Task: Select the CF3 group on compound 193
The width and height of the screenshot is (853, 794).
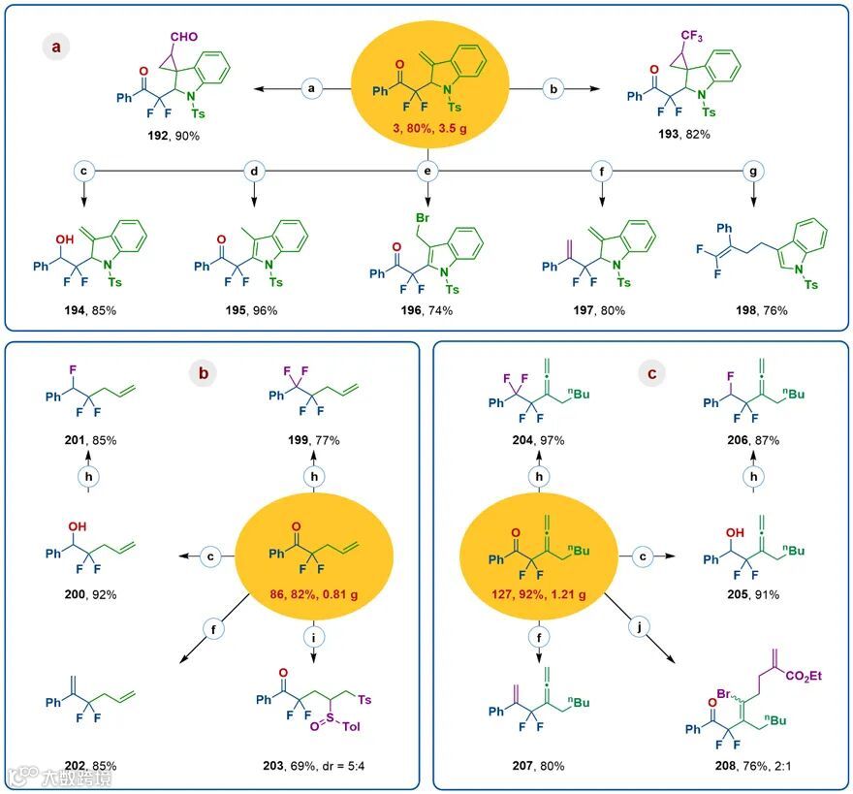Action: pos(690,36)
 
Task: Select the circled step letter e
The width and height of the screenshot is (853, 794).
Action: pos(426,171)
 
